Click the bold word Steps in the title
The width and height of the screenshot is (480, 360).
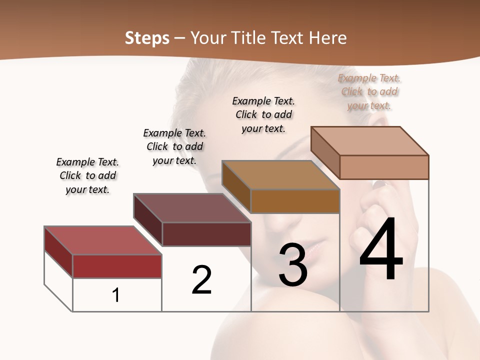click(147, 38)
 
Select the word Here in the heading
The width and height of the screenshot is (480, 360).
click(328, 38)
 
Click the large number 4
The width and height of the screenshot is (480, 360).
click(381, 250)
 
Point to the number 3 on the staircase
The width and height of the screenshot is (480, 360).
click(292, 265)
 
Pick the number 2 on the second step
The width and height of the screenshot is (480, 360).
click(201, 280)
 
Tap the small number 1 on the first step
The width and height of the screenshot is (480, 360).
click(116, 295)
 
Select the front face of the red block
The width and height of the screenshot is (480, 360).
click(117, 266)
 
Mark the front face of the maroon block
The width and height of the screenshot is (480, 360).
click(206, 234)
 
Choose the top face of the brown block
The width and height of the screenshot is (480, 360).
click(280, 174)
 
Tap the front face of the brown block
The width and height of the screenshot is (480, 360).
click(295, 201)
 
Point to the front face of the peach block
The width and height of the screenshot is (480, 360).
click(384, 167)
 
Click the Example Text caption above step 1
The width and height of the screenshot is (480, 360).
click(87, 175)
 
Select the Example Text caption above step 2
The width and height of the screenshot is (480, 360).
click(174, 146)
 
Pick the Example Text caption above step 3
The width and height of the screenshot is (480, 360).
click(263, 114)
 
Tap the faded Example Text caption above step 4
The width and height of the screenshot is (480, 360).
click(369, 91)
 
